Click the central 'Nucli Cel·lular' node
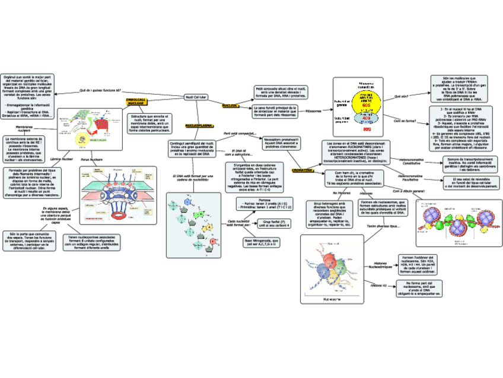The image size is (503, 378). click(196, 95)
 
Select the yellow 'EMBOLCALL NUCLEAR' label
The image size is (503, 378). click(137, 101)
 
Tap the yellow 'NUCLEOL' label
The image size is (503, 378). click(230, 105)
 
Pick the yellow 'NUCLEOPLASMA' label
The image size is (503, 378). click(199, 126)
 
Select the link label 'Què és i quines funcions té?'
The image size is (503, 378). click(100, 90)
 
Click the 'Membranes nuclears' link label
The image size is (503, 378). click(24, 129)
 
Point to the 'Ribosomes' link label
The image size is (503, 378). click(313, 111)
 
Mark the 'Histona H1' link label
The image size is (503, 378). click(378, 286)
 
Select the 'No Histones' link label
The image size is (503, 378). click(341, 193)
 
